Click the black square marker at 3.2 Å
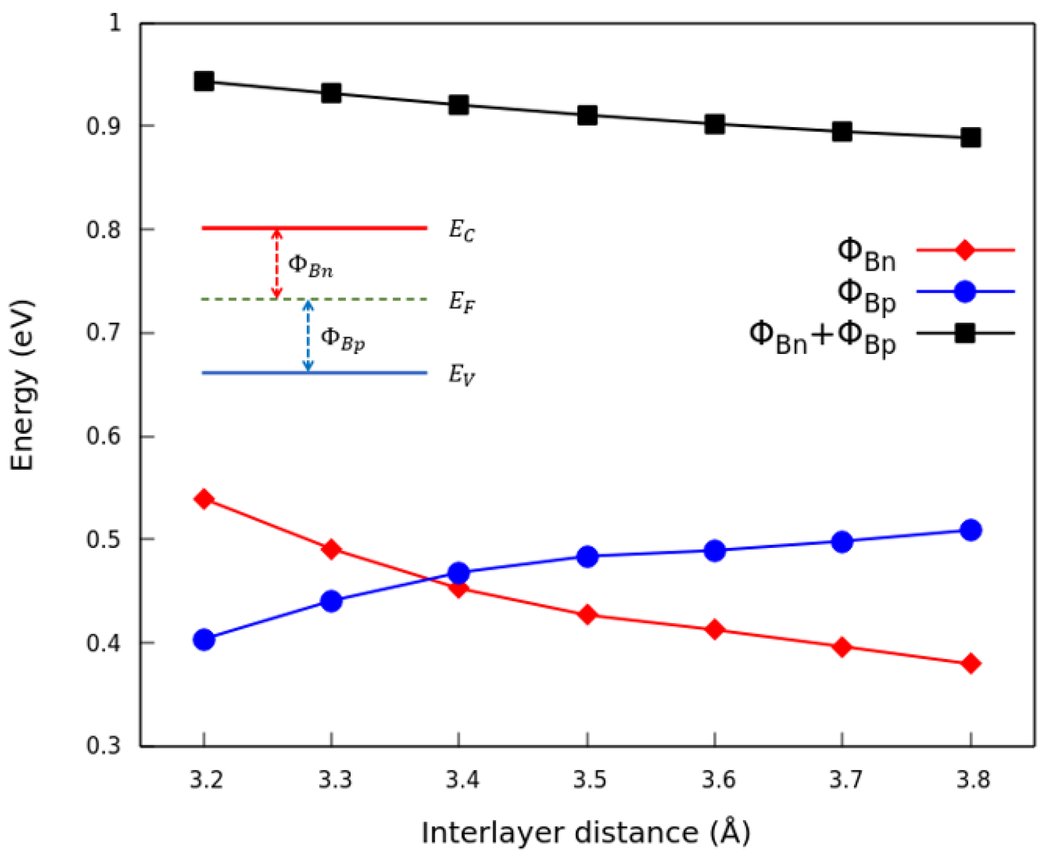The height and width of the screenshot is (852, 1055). click(x=204, y=82)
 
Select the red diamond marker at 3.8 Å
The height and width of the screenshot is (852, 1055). click(x=970, y=664)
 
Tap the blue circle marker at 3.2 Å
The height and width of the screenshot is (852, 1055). click(x=204, y=639)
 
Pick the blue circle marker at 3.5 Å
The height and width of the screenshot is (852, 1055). click(x=588, y=556)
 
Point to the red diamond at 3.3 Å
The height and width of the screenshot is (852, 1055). click(x=331, y=549)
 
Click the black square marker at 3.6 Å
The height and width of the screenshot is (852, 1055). click(x=715, y=124)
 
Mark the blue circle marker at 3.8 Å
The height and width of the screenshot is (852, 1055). click(x=970, y=530)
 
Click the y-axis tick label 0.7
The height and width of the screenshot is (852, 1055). click(x=104, y=333)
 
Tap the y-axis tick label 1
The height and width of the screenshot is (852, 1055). click(x=115, y=23)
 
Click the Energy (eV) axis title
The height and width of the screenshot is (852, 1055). click(x=23, y=385)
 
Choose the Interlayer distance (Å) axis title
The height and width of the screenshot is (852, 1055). click(x=585, y=832)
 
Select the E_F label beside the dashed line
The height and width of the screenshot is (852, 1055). click(x=461, y=302)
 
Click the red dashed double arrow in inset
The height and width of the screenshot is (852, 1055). click(x=277, y=263)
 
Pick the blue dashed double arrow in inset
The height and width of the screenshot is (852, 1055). click(x=308, y=336)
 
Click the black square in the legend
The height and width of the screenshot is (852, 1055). click(x=964, y=333)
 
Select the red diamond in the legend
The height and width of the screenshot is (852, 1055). click(x=964, y=250)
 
